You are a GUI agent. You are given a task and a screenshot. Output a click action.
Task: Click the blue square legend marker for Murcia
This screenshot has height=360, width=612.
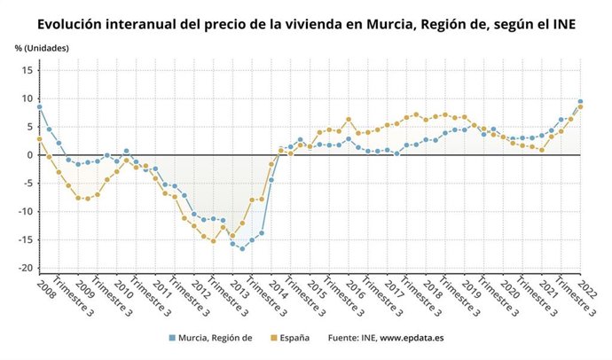click(x=171, y=338)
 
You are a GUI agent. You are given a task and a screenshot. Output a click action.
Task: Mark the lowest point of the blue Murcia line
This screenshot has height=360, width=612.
click(x=242, y=248)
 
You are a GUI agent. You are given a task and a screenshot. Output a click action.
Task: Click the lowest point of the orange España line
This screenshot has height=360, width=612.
click(x=213, y=240)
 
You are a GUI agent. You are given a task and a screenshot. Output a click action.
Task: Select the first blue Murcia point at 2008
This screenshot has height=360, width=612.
click(x=39, y=107)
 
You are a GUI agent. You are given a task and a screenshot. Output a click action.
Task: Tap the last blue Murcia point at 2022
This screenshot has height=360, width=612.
click(x=580, y=101)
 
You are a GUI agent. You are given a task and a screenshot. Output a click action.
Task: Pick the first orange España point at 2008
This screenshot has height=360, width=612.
click(x=39, y=138)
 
